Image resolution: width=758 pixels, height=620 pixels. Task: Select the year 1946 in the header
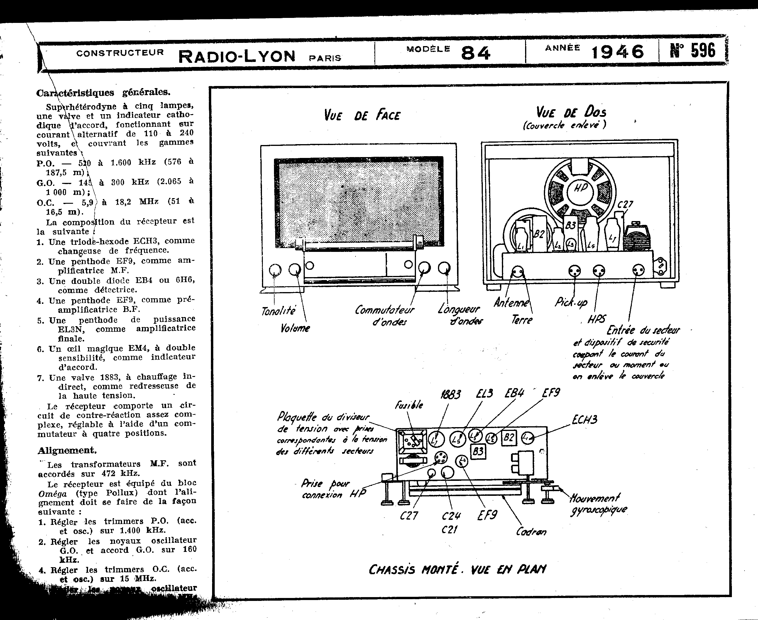click(x=617, y=53)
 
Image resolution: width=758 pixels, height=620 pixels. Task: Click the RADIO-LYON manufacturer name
click(x=237, y=56)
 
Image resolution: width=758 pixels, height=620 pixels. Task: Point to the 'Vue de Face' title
click(x=362, y=115)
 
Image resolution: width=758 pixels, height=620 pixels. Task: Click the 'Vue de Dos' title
click(x=571, y=112)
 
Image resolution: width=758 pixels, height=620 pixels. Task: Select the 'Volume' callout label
click(x=295, y=328)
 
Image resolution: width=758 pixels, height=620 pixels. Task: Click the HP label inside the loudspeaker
click(x=580, y=188)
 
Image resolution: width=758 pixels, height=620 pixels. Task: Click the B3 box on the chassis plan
click(x=478, y=452)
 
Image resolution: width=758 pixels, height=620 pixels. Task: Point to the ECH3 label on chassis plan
click(x=584, y=419)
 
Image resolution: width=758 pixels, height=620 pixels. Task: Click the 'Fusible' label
click(x=409, y=405)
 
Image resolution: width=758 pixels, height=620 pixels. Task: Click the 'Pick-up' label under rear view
click(x=571, y=302)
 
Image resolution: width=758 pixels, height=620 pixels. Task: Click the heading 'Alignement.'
click(x=67, y=450)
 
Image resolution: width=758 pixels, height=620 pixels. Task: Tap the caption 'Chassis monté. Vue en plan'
click(x=457, y=569)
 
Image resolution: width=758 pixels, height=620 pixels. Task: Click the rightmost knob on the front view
click(x=444, y=268)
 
